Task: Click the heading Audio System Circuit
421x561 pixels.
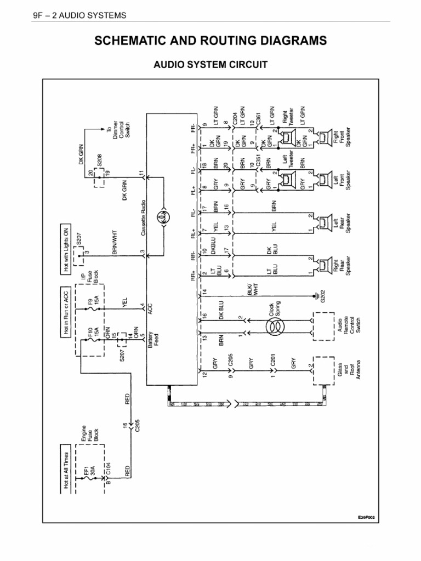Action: (210, 65)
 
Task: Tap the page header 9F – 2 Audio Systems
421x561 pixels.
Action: (80, 15)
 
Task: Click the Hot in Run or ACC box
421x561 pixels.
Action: (66, 311)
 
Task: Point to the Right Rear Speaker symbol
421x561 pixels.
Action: (326, 265)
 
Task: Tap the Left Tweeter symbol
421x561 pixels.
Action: (287, 180)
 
